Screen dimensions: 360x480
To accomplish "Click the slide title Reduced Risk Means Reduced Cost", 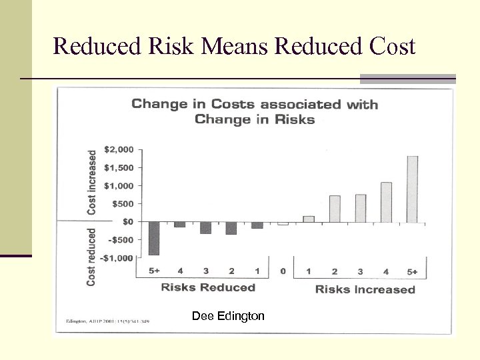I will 234,47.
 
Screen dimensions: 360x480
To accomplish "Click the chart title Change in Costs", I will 254,111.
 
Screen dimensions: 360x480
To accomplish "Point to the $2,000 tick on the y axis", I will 120,149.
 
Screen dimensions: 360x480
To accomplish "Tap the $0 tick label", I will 126,221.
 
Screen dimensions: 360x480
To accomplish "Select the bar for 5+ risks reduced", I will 154,238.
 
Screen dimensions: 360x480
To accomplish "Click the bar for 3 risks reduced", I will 205,228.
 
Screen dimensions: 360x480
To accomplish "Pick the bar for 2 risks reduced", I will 231,228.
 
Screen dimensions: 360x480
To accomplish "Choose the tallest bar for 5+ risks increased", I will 413,189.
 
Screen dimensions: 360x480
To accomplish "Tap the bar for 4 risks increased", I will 386,202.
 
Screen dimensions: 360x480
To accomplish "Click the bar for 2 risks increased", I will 335,209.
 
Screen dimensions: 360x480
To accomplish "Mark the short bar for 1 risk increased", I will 309,219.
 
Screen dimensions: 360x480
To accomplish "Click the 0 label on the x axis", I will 283,271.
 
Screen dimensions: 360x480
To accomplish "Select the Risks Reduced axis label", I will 208,287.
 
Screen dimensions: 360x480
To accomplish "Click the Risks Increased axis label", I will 365,289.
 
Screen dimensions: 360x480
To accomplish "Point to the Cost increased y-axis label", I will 93,181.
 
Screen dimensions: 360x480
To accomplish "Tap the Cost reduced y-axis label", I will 91,257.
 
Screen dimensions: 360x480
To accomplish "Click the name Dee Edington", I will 228,316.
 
